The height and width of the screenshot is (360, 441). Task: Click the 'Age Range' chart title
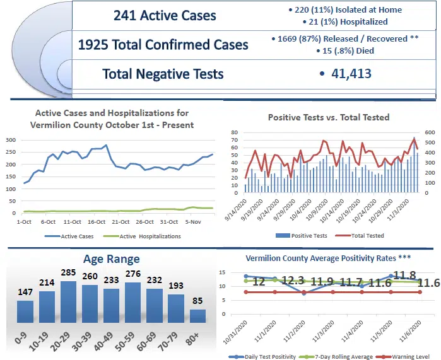click(112, 258)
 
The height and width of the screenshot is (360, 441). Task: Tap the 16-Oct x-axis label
click(97, 222)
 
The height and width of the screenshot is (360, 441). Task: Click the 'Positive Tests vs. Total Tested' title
click(328, 117)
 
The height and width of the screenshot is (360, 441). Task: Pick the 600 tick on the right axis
click(429, 133)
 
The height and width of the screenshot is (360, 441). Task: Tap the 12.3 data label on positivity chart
click(292, 281)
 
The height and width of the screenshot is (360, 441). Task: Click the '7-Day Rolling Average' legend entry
click(341, 357)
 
